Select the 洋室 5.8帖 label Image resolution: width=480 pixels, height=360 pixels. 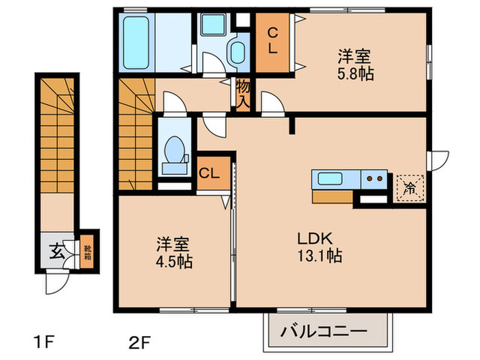point(355,64)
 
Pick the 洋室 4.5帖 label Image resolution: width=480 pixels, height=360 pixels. point(173,252)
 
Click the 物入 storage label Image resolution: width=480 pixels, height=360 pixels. point(243,93)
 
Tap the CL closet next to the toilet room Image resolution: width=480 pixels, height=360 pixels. point(209,173)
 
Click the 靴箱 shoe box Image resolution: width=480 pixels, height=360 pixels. point(87,251)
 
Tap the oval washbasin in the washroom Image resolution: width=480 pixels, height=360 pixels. point(237,52)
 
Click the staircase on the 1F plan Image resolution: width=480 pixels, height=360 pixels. point(56,137)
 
